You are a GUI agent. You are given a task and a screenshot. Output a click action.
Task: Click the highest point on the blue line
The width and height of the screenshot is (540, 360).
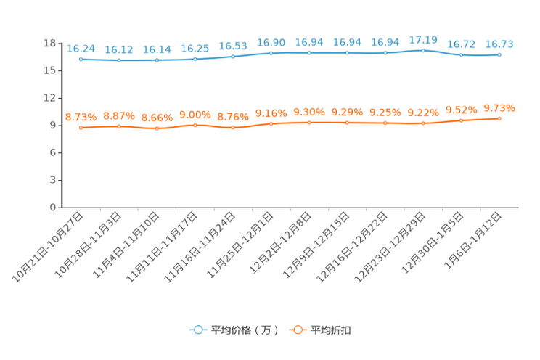coord(423,50)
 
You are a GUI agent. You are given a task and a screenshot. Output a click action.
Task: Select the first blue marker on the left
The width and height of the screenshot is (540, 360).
coord(81,59)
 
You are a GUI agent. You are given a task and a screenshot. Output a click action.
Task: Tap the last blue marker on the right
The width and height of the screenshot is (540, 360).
coord(499,54)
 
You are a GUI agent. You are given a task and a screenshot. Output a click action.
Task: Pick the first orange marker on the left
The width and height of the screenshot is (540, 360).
coord(81,128)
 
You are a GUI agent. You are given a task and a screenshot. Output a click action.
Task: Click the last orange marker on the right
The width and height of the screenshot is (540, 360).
coord(499,118)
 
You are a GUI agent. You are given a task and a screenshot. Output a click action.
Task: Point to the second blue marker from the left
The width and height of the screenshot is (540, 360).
coord(118,60)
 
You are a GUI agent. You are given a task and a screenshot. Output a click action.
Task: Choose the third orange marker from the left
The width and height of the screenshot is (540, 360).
coord(157,128)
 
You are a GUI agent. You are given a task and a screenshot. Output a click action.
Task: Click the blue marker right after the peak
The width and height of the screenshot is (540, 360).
coord(461,55)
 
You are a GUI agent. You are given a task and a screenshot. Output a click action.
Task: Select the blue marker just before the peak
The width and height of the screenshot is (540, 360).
coord(385,53)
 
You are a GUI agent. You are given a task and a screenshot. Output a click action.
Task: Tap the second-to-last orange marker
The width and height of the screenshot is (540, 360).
coord(461,120)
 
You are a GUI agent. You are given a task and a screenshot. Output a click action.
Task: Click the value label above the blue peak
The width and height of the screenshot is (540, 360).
coord(423,39)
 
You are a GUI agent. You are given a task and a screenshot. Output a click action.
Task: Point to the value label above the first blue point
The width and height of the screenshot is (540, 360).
coord(81,48)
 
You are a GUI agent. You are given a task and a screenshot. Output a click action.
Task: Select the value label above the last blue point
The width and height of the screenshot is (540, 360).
coord(499,44)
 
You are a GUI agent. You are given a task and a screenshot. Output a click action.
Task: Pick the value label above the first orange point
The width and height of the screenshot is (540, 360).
coord(81,116)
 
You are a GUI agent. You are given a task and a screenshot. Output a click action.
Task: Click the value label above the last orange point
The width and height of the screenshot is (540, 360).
coord(499,108)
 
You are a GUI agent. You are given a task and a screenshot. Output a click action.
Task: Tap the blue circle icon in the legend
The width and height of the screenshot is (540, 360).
coord(197,330)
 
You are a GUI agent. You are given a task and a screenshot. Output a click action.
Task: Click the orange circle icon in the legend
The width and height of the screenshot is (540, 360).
coord(297,330)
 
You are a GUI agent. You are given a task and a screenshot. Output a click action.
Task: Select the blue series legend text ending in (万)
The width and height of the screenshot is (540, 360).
coord(245,330)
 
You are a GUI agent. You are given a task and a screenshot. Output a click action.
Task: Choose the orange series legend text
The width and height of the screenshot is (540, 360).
coord(332,330)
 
